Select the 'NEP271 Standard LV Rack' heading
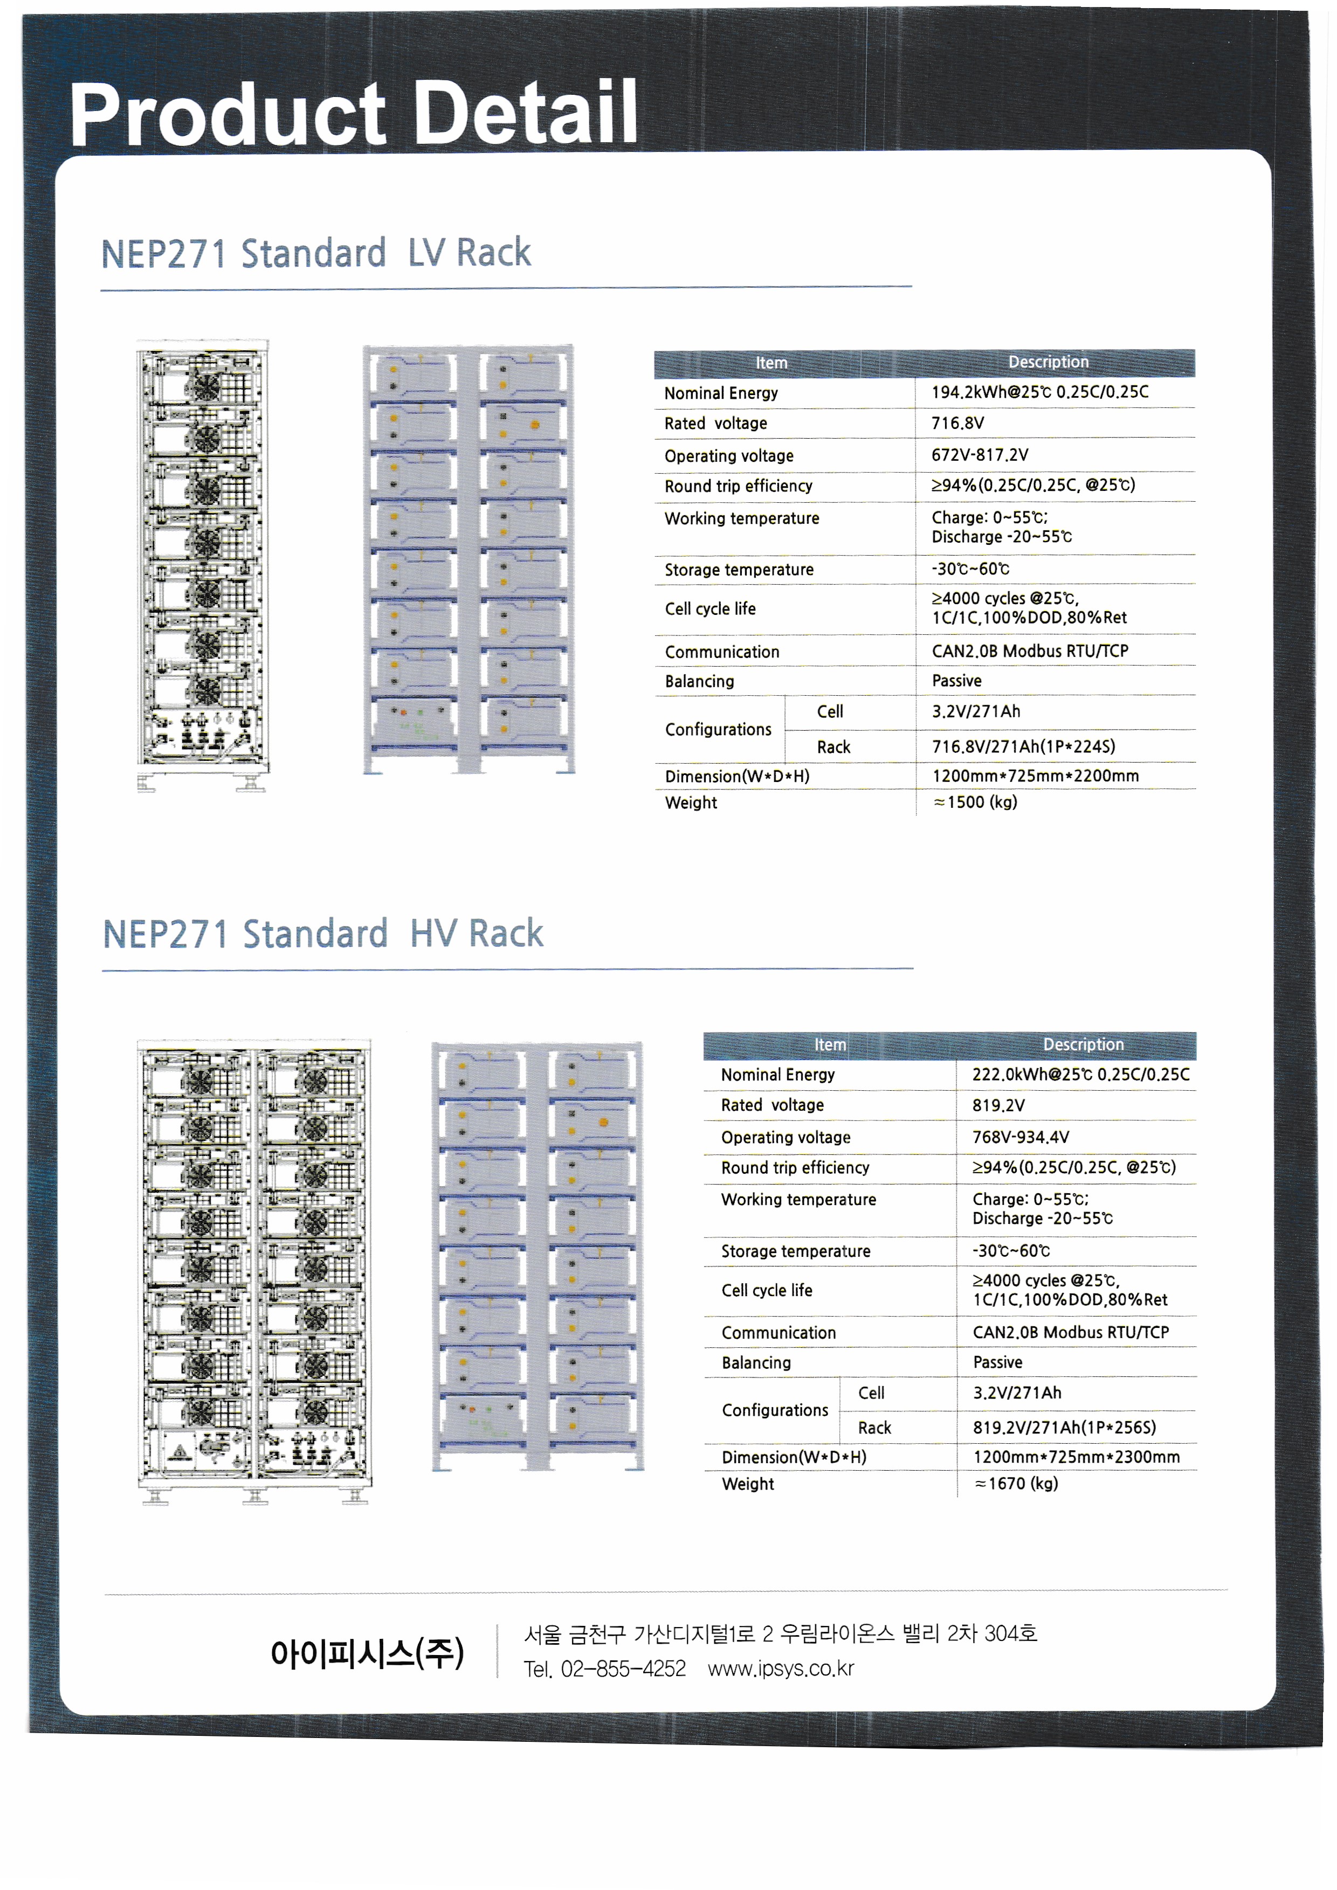coord(316,253)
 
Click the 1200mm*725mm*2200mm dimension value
coord(1035,776)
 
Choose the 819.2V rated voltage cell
coord(998,1105)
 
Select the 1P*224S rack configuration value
coord(1023,746)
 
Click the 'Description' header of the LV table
coord(1048,362)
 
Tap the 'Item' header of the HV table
coord(830,1044)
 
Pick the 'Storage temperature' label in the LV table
coord(739,570)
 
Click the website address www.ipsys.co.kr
coord(781,1669)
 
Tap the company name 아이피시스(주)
coord(367,1653)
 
